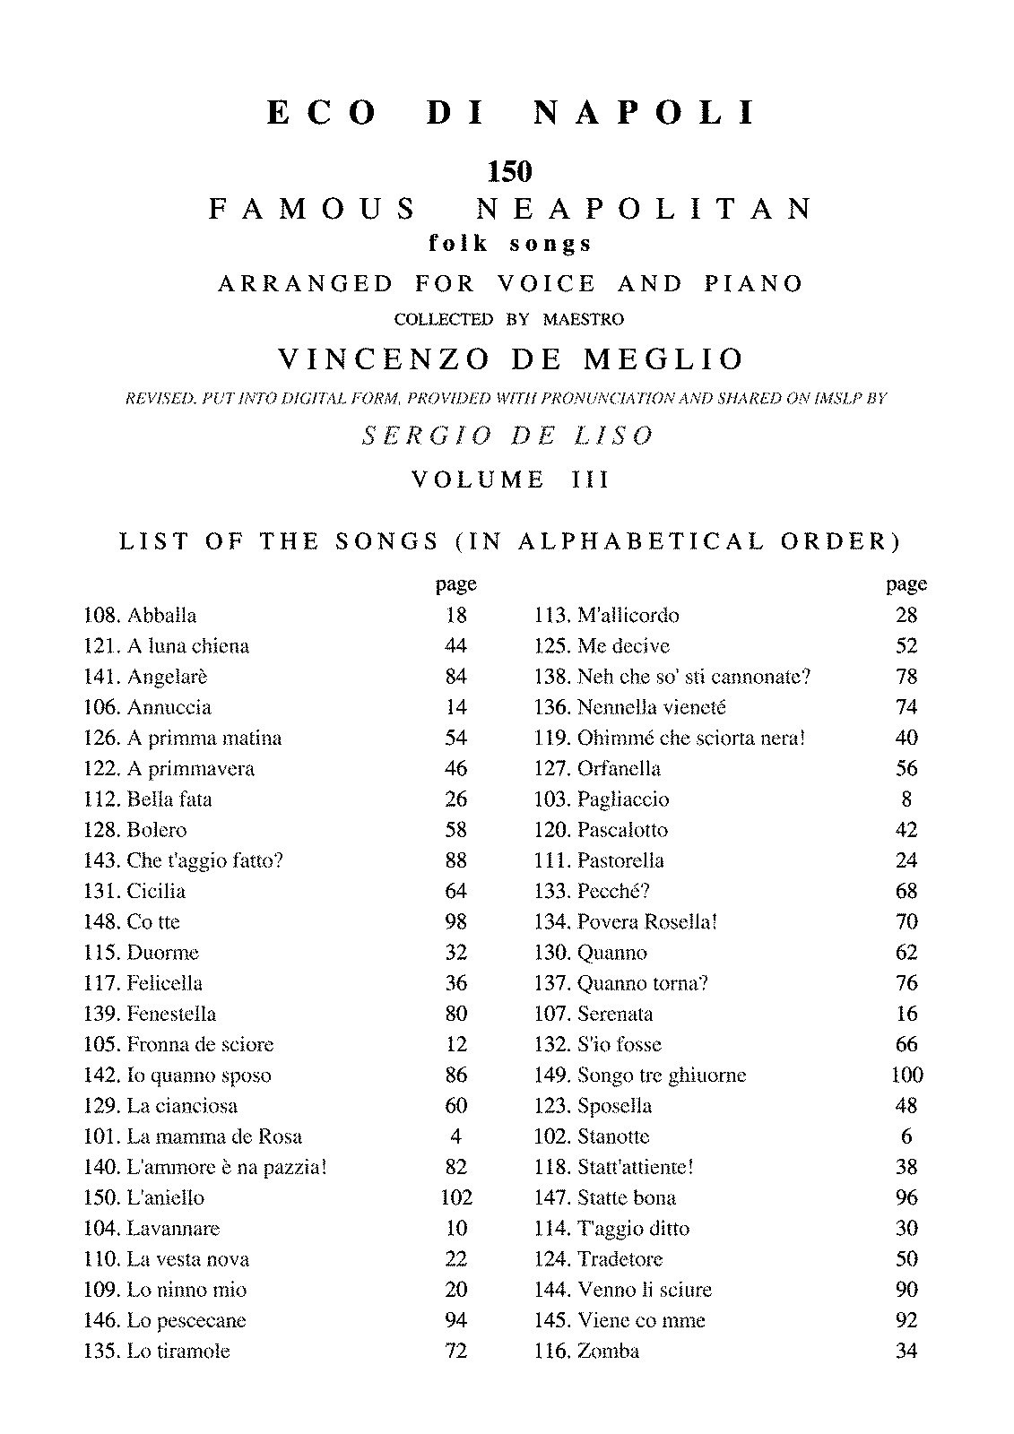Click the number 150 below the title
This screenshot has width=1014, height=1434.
(x=508, y=169)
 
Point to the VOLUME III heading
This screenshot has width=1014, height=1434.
(x=509, y=479)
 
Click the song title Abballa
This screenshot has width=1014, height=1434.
(x=162, y=615)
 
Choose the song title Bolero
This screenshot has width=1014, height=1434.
(x=157, y=830)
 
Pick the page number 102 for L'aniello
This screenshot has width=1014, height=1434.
(x=456, y=1197)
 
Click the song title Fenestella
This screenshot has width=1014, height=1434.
(x=171, y=1014)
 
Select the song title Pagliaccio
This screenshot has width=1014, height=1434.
(x=623, y=799)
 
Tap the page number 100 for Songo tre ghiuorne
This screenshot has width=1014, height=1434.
(x=906, y=1075)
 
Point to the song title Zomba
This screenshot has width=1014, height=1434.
(x=609, y=1351)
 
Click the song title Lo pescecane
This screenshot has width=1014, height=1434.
(x=186, y=1320)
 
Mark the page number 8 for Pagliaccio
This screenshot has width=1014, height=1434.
(x=906, y=799)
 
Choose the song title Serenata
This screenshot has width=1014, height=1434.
(x=615, y=1014)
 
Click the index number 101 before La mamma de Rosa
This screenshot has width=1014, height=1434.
(x=101, y=1136)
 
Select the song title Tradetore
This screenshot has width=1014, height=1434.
(x=620, y=1258)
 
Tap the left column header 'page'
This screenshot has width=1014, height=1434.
(x=456, y=584)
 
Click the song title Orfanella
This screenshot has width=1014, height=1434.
(x=619, y=768)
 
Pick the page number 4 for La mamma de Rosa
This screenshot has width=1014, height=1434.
(x=456, y=1136)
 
